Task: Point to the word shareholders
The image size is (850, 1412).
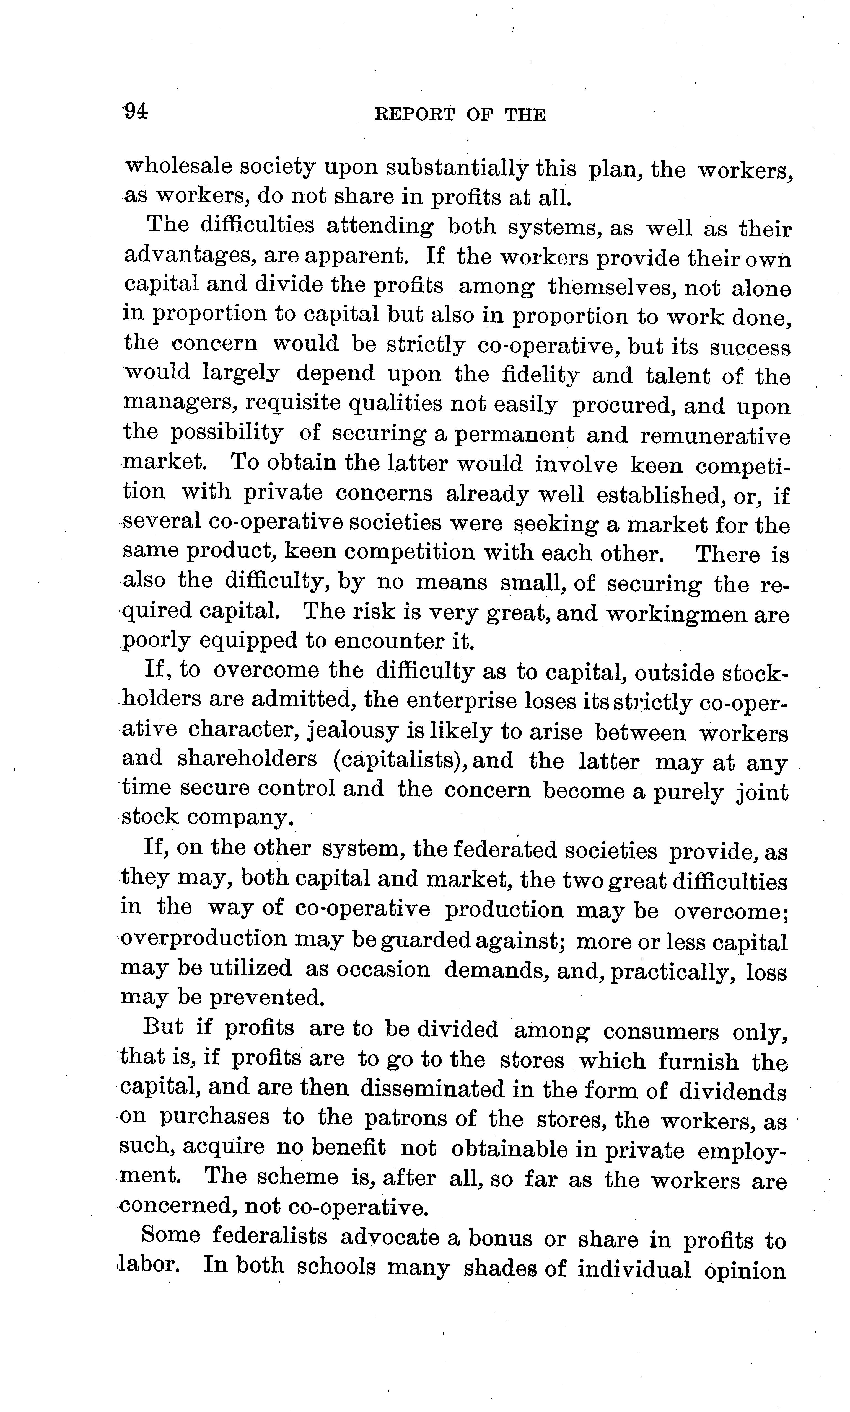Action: pyautogui.click(x=247, y=759)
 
